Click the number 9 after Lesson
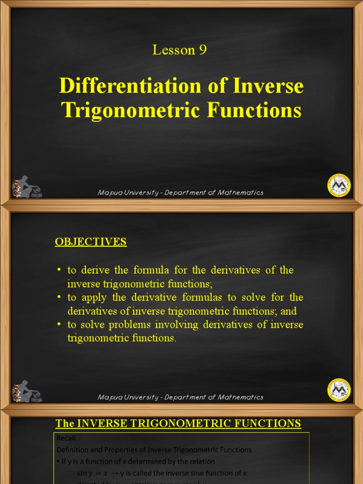(x=203, y=50)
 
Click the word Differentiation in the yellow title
(x=121, y=86)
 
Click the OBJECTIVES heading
(x=91, y=242)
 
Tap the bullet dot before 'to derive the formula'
(x=59, y=270)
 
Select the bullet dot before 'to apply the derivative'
(x=59, y=298)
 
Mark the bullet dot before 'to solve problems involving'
(x=59, y=325)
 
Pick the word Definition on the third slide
(x=74, y=449)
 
